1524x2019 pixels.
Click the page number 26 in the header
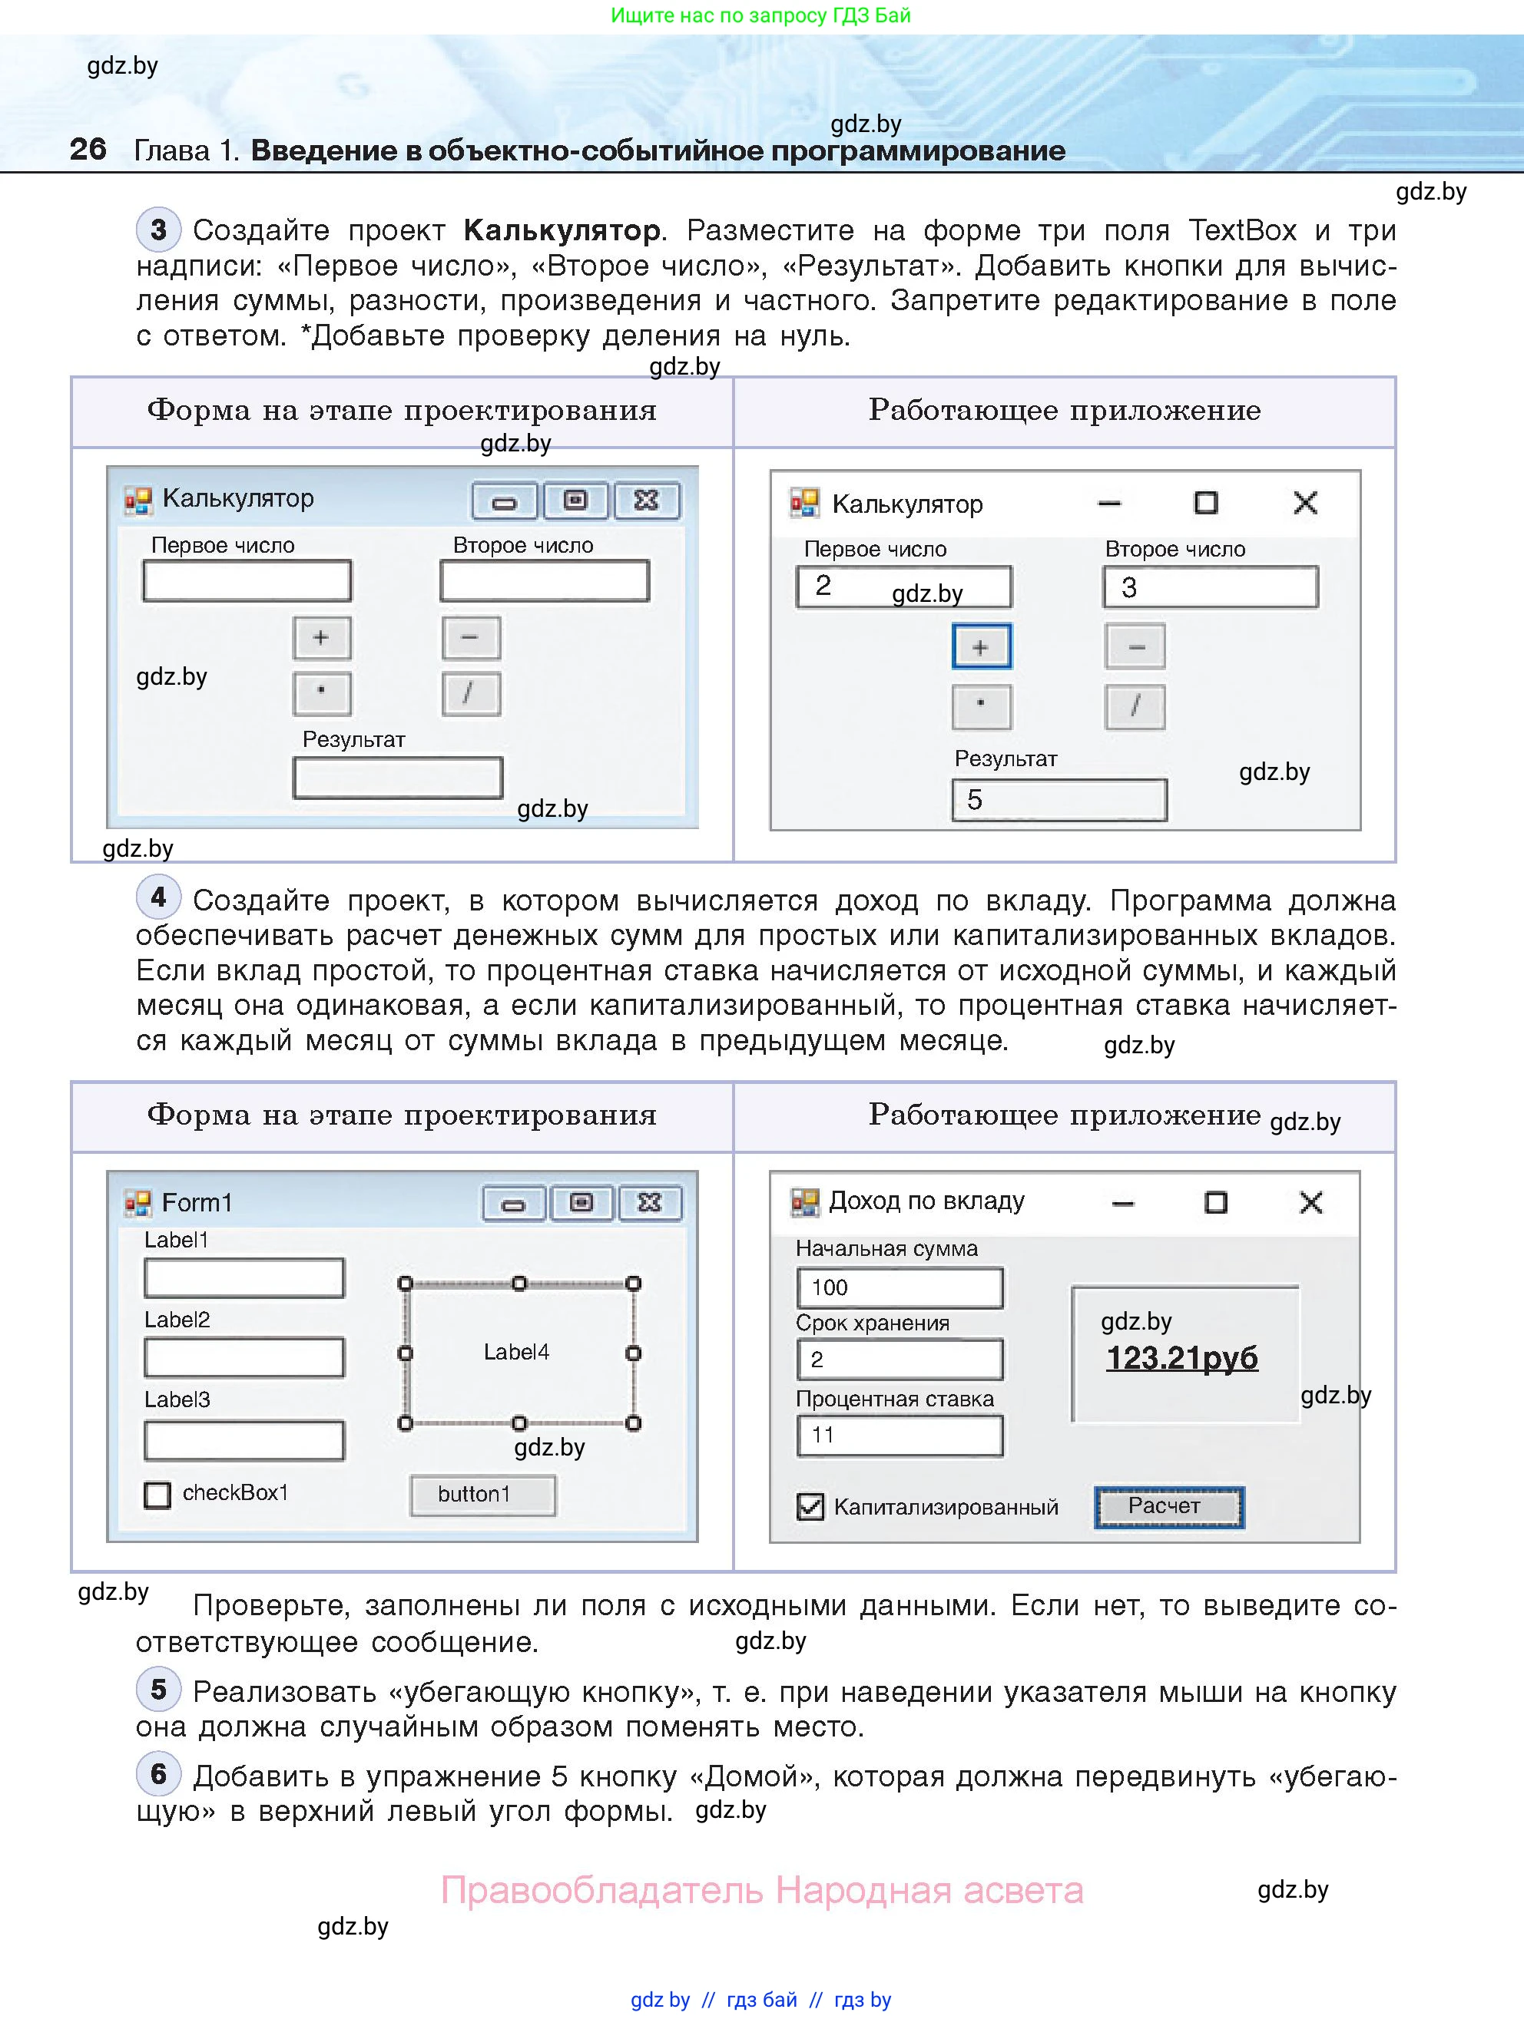(x=88, y=149)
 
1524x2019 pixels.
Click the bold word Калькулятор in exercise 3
(x=562, y=230)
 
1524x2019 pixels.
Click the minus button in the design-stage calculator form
(x=471, y=637)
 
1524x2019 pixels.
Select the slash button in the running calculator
(x=1135, y=706)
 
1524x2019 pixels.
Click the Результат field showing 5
(x=1059, y=801)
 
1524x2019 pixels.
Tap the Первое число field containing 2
(x=903, y=587)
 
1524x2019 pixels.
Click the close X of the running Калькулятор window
(x=1306, y=503)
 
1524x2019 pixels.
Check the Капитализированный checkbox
(x=810, y=1506)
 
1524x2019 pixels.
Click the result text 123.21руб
(x=1181, y=1358)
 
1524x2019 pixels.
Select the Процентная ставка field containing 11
(x=899, y=1436)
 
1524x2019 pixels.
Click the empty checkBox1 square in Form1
(x=157, y=1495)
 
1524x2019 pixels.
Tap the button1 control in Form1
(x=482, y=1494)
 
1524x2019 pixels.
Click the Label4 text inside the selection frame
(x=516, y=1353)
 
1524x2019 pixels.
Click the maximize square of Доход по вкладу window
(x=1215, y=1203)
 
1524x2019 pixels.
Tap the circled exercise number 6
(x=159, y=1773)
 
